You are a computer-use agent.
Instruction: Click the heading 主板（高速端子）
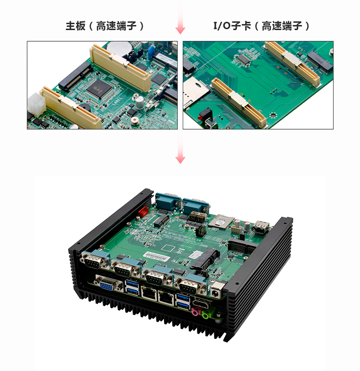click(x=105, y=26)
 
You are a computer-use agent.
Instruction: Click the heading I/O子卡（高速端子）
click(x=262, y=26)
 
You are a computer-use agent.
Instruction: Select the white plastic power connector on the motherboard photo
click(x=37, y=104)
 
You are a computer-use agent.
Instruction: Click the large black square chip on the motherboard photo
click(x=99, y=88)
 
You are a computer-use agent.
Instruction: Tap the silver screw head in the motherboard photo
click(x=135, y=120)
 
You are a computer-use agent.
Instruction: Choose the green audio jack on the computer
click(x=206, y=314)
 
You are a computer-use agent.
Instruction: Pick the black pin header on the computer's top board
click(x=201, y=230)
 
